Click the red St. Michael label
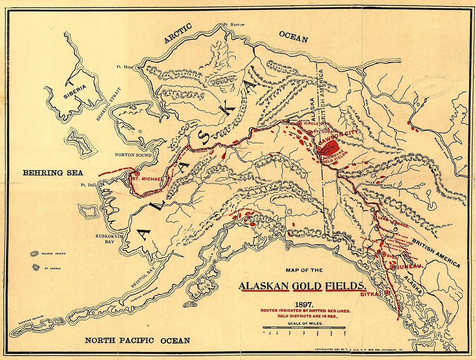147,179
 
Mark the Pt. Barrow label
234,25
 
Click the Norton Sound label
133,155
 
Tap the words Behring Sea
52,173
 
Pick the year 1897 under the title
303,304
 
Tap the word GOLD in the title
306,286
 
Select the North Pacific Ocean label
137,341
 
